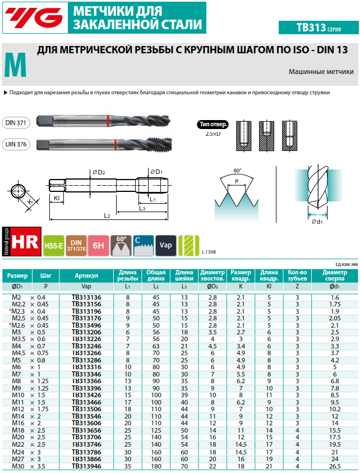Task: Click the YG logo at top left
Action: pos(35,17)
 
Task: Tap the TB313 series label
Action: pos(319,27)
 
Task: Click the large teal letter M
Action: pos(15,65)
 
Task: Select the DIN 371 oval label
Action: pos(16,123)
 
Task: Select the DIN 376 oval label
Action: pos(16,144)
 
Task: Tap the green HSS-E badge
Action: pos(54,246)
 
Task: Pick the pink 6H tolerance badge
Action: pos(98,246)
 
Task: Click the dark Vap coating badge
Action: pos(166,246)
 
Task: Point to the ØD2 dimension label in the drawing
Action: pos(99,172)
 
